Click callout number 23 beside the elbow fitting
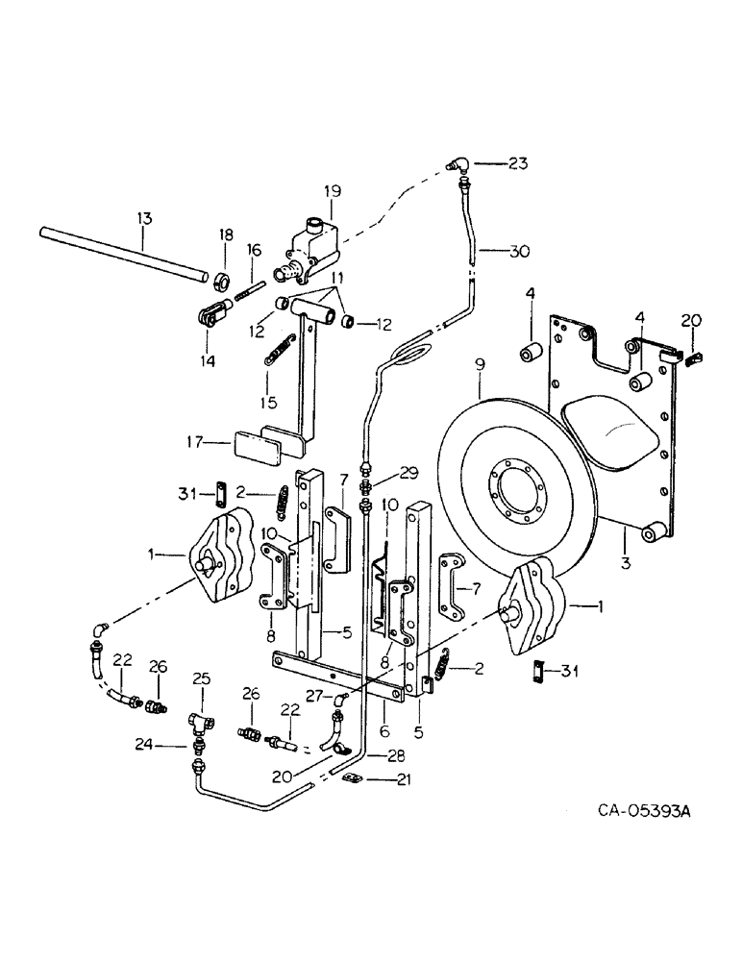(x=519, y=163)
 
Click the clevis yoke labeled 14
(x=213, y=313)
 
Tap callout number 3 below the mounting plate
(x=625, y=564)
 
